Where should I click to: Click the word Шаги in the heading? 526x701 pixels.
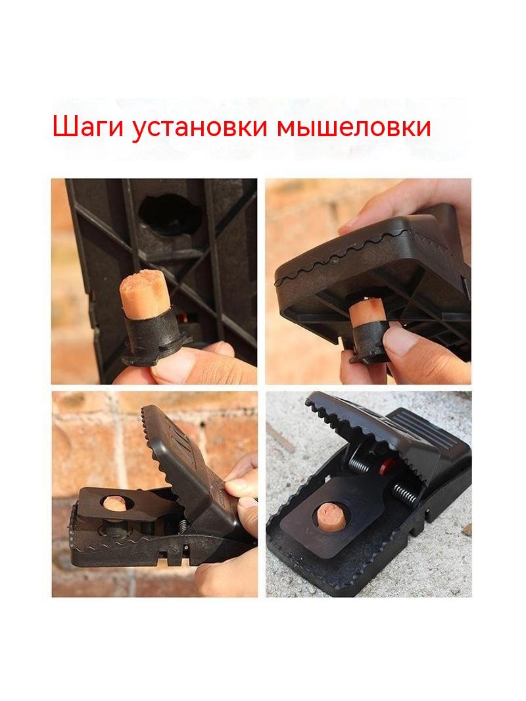[88, 128]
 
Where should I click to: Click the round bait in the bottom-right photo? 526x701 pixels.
[331, 515]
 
